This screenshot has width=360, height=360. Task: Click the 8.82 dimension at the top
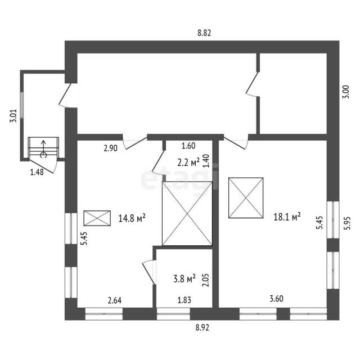(x=204, y=33)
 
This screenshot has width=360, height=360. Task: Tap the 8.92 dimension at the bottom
(x=202, y=327)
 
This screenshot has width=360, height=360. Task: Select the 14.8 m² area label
(x=132, y=218)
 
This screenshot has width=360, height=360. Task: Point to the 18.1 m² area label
(x=287, y=217)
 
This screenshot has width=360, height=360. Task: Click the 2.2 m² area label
(x=188, y=163)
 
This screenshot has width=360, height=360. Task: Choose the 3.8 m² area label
(x=184, y=279)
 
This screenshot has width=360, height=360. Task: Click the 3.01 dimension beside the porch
(x=13, y=116)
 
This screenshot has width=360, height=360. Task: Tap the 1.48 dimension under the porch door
(x=37, y=172)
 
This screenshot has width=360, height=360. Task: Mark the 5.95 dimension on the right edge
(x=347, y=223)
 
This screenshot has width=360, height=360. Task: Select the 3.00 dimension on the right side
(x=346, y=92)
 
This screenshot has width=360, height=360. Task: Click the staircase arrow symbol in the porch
(x=43, y=148)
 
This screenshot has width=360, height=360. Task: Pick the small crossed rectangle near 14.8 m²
(x=97, y=218)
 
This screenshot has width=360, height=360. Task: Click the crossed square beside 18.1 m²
(x=246, y=197)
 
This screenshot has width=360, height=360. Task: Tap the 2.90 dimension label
(x=111, y=148)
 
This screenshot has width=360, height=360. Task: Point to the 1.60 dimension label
(x=188, y=146)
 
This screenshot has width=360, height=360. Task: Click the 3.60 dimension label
(x=276, y=299)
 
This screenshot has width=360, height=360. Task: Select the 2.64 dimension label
(x=115, y=300)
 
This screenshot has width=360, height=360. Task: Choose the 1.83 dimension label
(x=184, y=300)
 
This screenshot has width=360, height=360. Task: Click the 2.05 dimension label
(x=206, y=280)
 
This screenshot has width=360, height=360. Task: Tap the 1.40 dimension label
(x=206, y=161)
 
